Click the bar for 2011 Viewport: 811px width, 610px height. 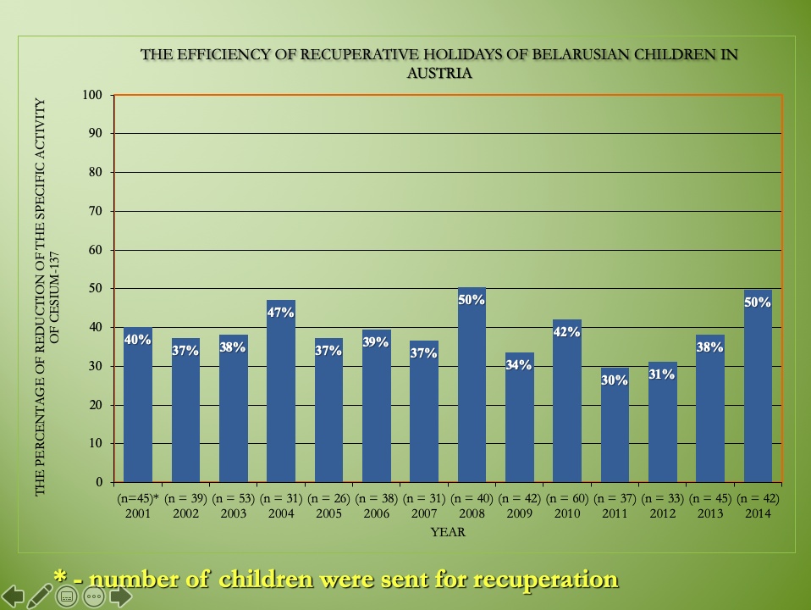coord(615,428)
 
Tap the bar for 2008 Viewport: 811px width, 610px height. coord(472,390)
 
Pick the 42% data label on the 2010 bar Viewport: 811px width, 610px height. coord(566,332)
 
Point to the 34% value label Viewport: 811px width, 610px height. coord(519,365)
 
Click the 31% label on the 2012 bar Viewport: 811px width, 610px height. coord(662,374)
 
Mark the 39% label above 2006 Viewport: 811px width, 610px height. coord(376,342)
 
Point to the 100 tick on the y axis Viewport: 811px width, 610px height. coord(95,95)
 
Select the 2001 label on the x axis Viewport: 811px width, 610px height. coord(138,513)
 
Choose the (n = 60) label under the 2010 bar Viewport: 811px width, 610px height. coord(567,498)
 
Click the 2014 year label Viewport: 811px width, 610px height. coord(758,513)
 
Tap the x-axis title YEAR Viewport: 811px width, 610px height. coord(448,532)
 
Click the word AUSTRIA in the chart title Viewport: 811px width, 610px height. coord(439,73)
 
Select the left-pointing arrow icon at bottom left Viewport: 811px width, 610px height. coord(13,596)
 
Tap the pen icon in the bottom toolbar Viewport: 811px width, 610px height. coord(40,596)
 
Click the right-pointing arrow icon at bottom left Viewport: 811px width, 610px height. coord(120,596)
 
